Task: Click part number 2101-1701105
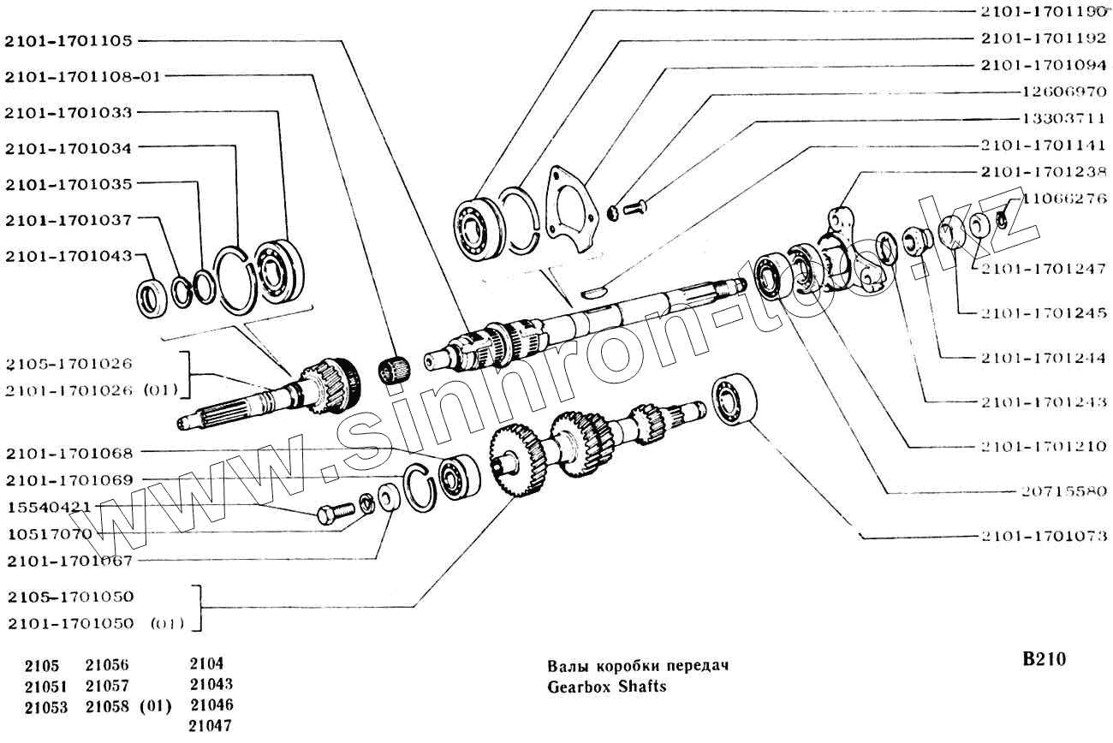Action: [x=68, y=40]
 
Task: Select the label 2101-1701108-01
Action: [x=82, y=76]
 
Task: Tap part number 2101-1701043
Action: [x=68, y=256]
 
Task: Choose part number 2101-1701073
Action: [x=1044, y=536]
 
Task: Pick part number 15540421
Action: [x=49, y=507]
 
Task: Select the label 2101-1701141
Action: [x=1044, y=146]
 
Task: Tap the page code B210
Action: [x=1044, y=659]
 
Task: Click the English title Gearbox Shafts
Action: [x=606, y=687]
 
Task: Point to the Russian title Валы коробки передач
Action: [x=637, y=666]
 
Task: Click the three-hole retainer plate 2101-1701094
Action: [x=568, y=209]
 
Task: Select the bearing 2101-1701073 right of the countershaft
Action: [x=735, y=399]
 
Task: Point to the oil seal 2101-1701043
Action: [x=155, y=297]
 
